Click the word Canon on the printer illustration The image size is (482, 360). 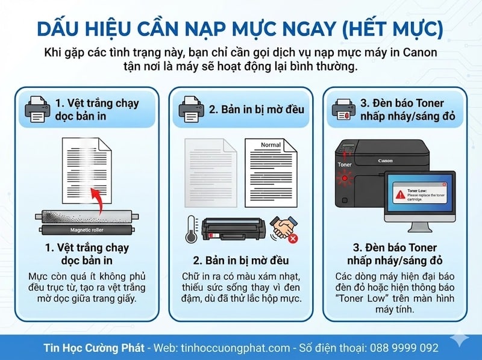[x=385, y=161]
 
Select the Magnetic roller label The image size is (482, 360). [x=87, y=230]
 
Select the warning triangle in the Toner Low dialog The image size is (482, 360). [x=399, y=196]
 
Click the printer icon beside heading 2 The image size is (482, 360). [x=190, y=108]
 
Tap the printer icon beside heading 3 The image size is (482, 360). [x=344, y=108]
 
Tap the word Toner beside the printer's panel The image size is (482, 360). [x=345, y=164]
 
